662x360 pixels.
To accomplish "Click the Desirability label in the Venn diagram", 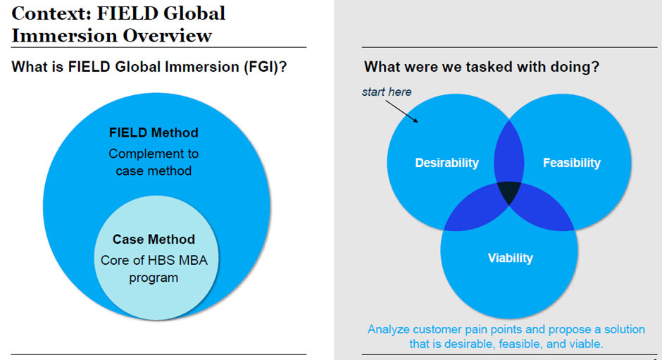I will click(x=446, y=163).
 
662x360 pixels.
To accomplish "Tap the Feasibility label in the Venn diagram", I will click(x=571, y=163).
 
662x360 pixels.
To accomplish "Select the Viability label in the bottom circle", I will click(x=510, y=258).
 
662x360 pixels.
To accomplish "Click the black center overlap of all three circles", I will click(x=510, y=192).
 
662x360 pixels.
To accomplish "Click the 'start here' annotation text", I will click(x=387, y=92).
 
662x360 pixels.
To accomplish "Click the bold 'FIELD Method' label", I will click(x=154, y=132).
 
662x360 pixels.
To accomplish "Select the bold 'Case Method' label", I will click(x=154, y=240).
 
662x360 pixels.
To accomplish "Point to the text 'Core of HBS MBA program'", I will click(x=154, y=268).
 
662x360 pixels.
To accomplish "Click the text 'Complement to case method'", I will click(x=154, y=162).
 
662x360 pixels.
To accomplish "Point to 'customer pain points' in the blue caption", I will click(x=470, y=330).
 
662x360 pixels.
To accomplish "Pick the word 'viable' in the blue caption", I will click(x=585, y=344).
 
